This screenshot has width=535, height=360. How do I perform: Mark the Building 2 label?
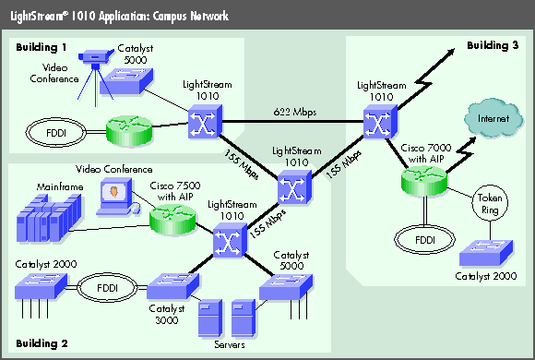(x=39, y=343)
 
